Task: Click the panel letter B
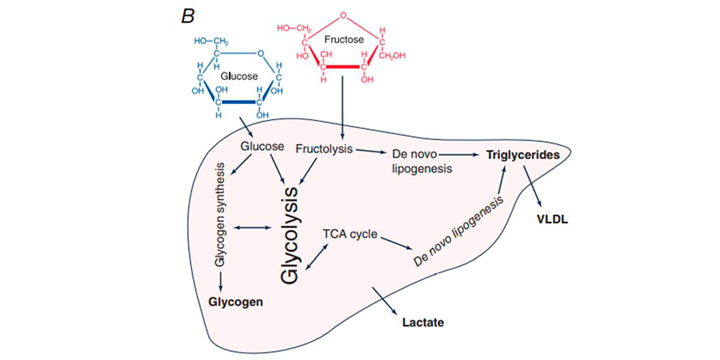coord(188,16)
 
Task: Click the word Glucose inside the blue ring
coord(239,76)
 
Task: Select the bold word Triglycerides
coord(523,155)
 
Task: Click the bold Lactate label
coord(423,322)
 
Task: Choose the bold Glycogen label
coord(235,301)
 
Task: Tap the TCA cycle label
coord(350,234)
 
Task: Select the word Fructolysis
coord(324,148)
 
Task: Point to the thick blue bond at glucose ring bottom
coord(238,103)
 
